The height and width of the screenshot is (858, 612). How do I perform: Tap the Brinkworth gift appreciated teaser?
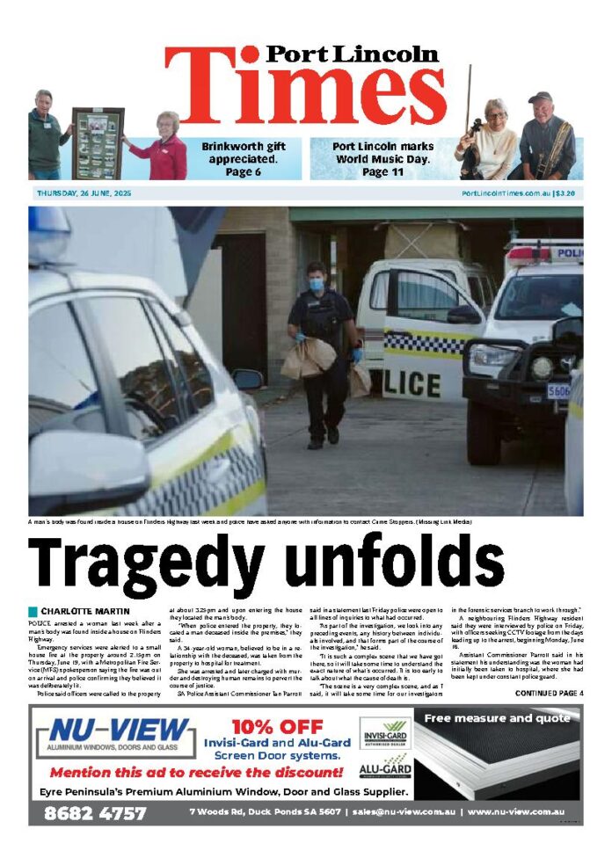pyautogui.click(x=239, y=159)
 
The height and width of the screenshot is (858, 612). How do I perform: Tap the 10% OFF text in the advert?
pyautogui.click(x=278, y=726)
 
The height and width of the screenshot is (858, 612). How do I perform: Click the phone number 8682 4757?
pyautogui.click(x=96, y=813)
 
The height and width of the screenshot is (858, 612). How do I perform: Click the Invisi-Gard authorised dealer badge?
pyautogui.click(x=384, y=733)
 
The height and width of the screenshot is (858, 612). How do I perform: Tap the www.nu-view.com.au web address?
pyautogui.click(x=516, y=813)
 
